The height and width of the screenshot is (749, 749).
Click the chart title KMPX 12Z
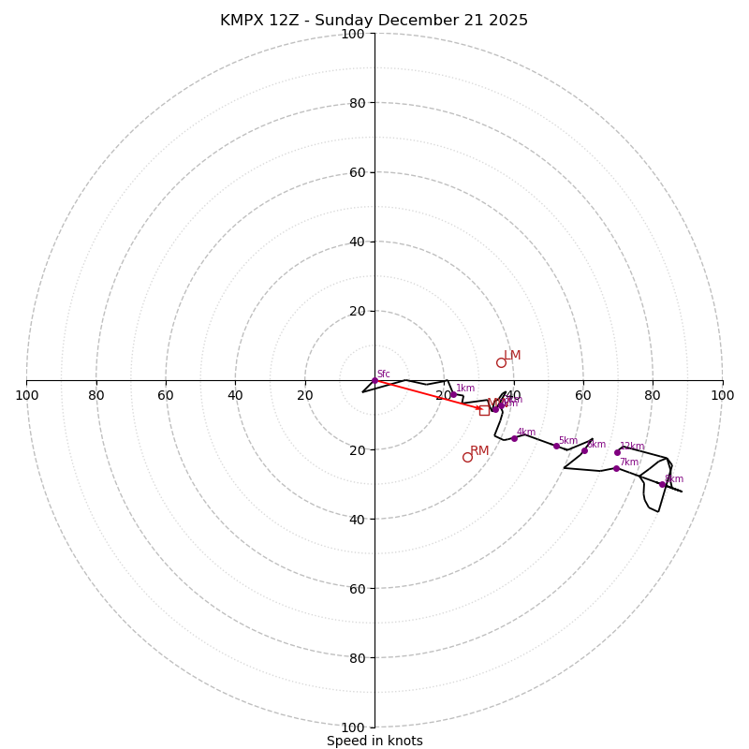(x=374, y=21)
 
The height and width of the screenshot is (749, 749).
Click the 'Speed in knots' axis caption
(x=374, y=741)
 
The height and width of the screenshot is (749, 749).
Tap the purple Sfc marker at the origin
(x=374, y=380)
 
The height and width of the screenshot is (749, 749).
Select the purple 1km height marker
(x=453, y=394)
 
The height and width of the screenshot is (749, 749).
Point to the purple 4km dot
(x=514, y=438)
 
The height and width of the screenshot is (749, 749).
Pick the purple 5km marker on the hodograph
(x=556, y=446)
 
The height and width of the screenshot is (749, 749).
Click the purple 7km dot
(x=616, y=468)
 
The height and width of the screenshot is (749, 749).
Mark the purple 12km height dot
(x=617, y=452)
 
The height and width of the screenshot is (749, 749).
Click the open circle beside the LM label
(x=501, y=362)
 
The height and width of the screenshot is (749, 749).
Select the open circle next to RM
(x=467, y=457)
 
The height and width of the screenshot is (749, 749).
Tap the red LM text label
(x=512, y=356)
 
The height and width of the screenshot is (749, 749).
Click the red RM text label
(x=479, y=451)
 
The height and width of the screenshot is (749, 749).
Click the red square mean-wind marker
(x=484, y=410)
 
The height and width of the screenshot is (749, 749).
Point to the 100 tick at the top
(x=353, y=34)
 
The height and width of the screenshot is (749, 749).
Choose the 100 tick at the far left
(x=26, y=395)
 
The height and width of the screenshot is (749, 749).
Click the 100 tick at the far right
(x=722, y=395)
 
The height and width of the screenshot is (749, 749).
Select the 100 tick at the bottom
(x=353, y=727)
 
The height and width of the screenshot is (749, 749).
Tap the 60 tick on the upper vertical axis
(x=356, y=172)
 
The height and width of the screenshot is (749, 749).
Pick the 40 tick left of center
(x=235, y=395)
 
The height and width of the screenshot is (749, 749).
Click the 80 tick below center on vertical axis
(x=356, y=657)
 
